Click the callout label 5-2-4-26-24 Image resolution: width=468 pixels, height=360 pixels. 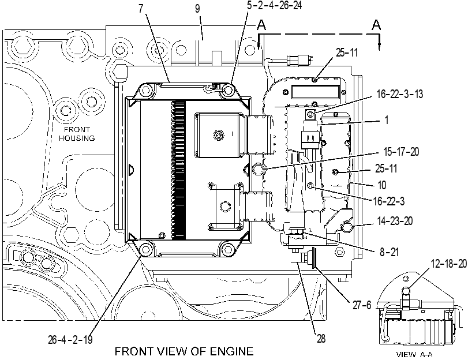[x=274, y=5]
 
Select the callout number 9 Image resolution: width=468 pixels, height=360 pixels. [x=197, y=9]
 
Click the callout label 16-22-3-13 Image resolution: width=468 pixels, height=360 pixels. [x=400, y=94]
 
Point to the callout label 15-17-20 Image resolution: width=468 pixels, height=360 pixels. [x=401, y=152]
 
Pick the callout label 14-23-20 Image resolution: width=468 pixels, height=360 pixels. [x=395, y=221]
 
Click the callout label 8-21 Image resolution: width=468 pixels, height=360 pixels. [x=389, y=252]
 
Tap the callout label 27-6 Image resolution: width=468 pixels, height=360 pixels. [x=362, y=305]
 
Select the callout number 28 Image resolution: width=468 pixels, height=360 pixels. [x=321, y=339]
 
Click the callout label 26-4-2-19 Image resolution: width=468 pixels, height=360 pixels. [x=70, y=339]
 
